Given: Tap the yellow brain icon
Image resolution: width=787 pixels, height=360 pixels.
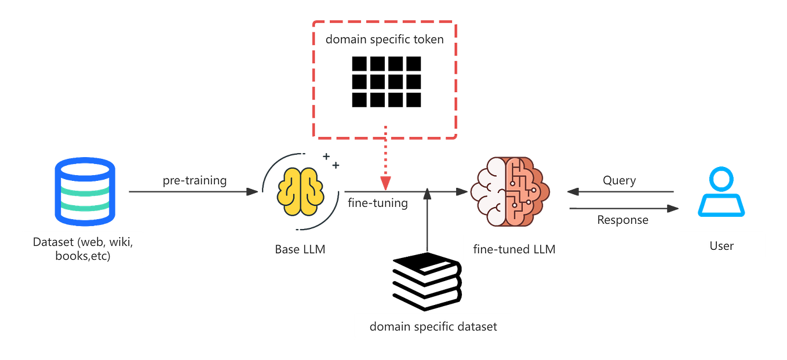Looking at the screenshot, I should click(x=300, y=192).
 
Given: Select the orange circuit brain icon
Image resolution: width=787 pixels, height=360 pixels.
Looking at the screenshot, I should click(x=508, y=191).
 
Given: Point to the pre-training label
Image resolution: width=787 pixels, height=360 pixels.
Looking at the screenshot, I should click(x=194, y=180).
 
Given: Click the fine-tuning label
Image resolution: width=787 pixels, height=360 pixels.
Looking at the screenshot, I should click(x=377, y=203).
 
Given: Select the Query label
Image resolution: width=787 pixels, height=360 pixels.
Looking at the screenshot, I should click(x=619, y=180).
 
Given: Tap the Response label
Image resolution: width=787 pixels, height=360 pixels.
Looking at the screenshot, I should click(x=622, y=220).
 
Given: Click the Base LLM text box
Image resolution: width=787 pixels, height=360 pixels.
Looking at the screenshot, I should click(x=300, y=249).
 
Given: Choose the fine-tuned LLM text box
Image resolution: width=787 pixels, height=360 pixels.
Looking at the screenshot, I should click(x=514, y=249).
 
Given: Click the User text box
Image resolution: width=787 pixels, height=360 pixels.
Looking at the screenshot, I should click(x=721, y=245).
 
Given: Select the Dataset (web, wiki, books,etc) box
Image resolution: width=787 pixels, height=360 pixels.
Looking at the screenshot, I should click(x=82, y=248).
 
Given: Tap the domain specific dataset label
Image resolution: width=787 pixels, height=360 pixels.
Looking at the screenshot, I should click(x=433, y=326).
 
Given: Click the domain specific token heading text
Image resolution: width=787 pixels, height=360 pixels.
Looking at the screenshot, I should click(x=384, y=40).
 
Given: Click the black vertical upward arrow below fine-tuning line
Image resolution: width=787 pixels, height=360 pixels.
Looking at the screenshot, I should click(x=427, y=220).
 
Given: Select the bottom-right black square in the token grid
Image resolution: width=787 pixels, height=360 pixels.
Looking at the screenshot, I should click(x=413, y=100).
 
